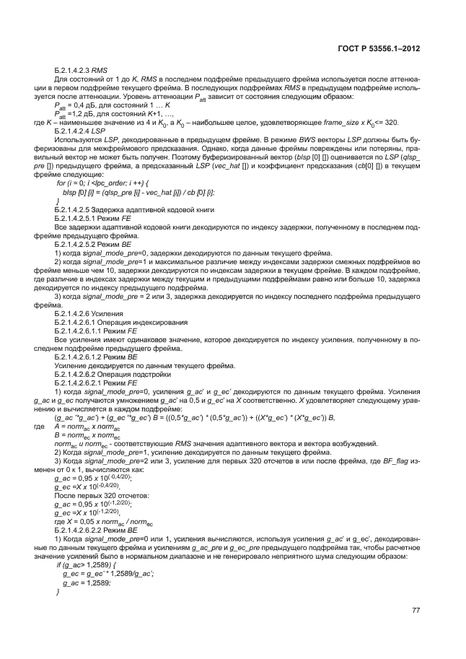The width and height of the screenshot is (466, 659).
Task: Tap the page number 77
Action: (416, 611)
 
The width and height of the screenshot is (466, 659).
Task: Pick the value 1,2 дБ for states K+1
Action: (76, 115)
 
